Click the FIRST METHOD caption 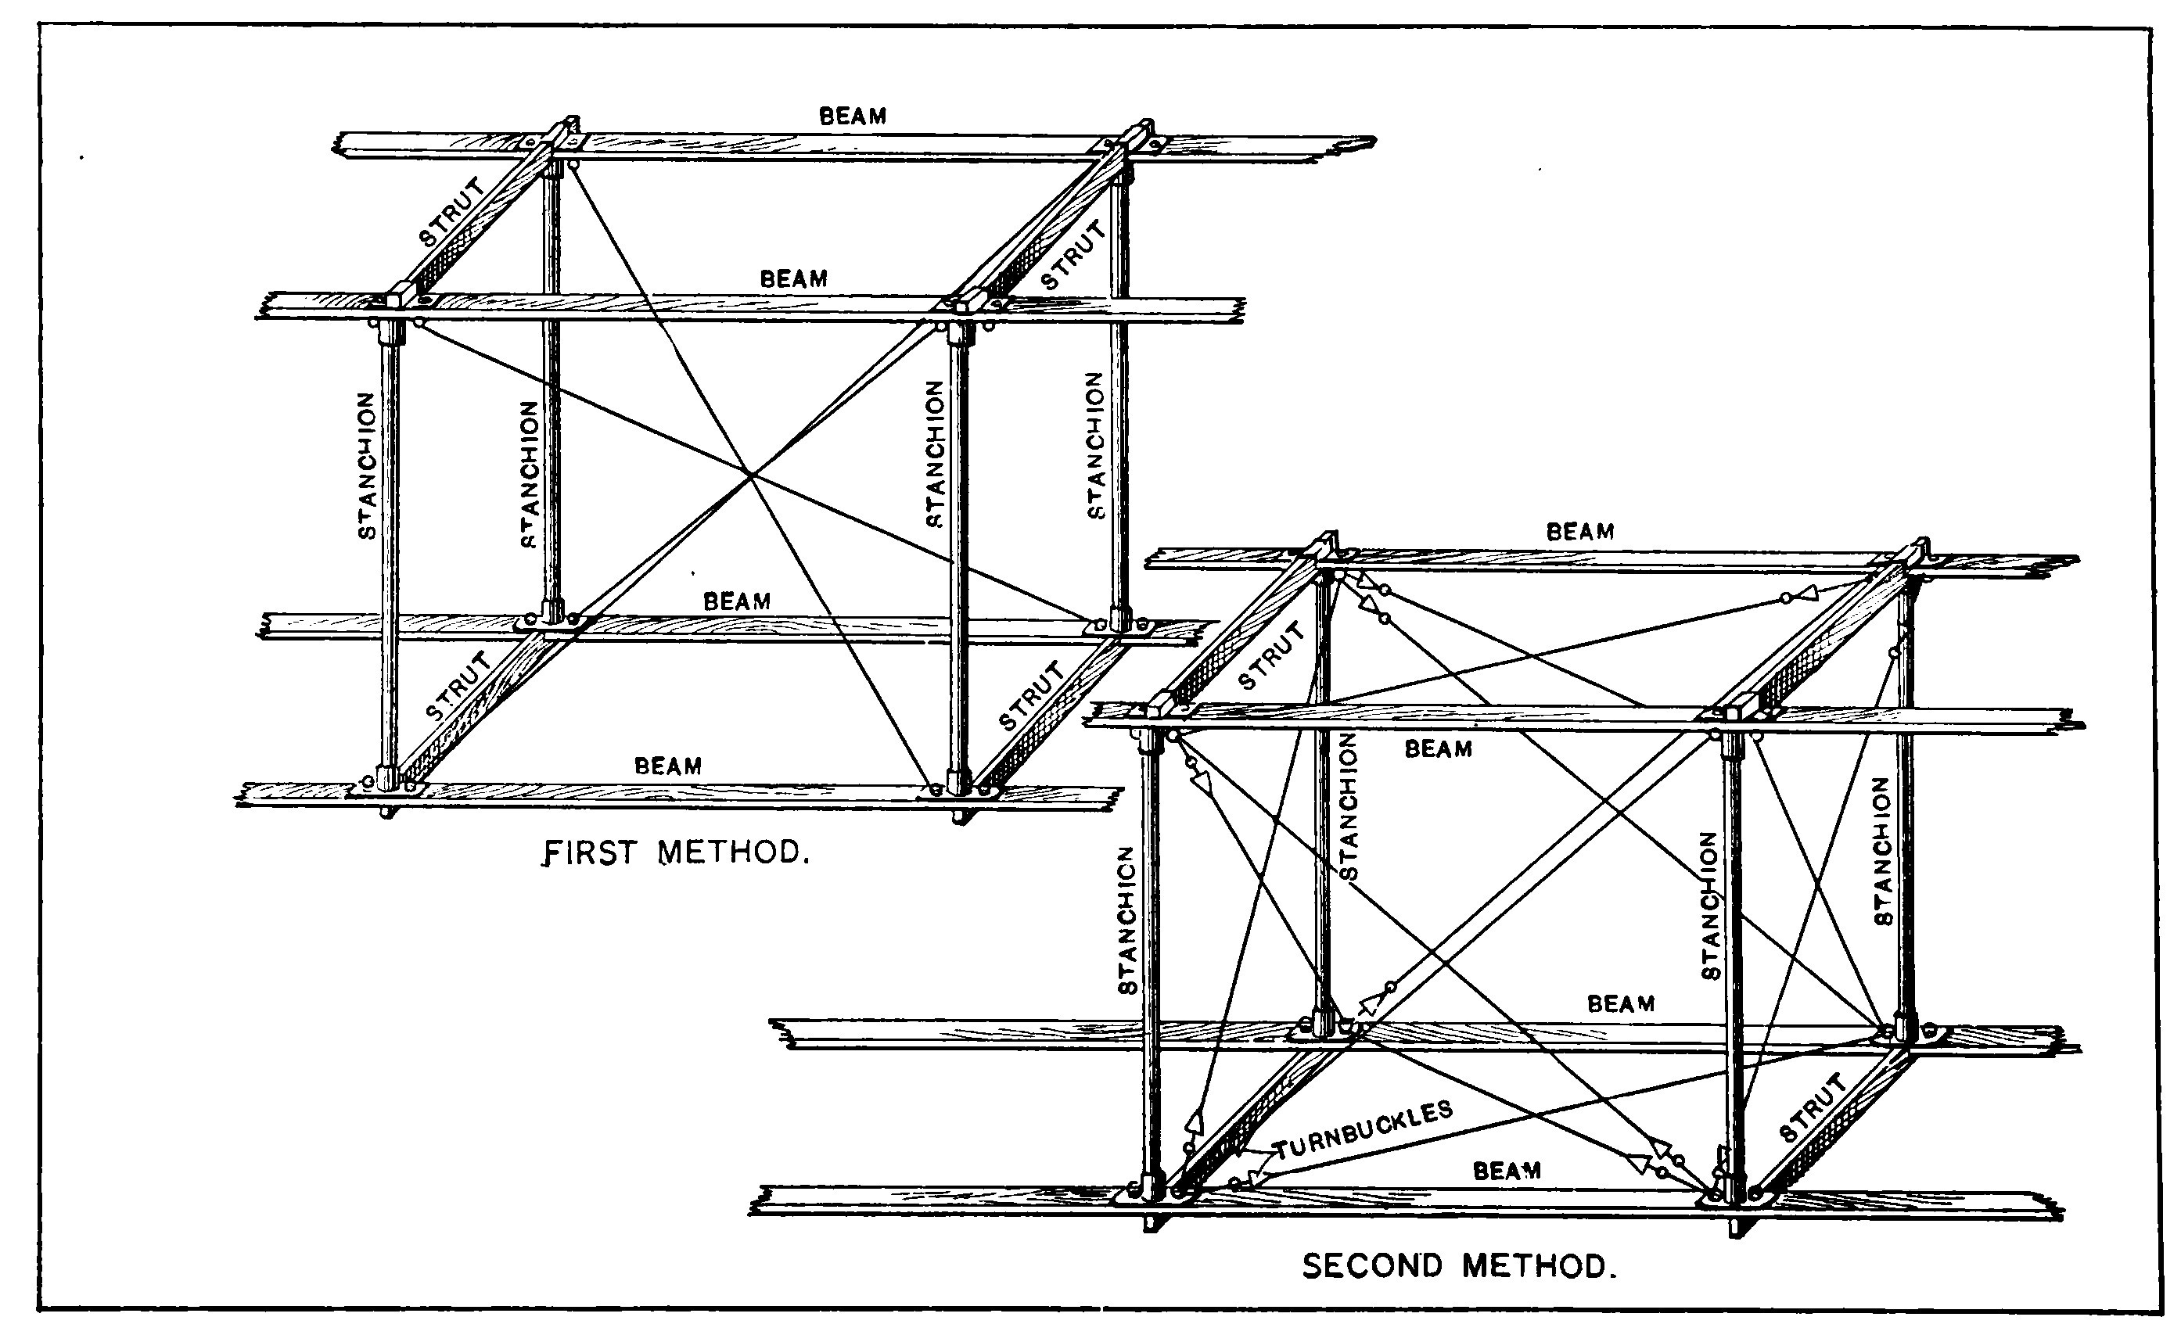(x=677, y=853)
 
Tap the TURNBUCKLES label (x=1364, y=1131)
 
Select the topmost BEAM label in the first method (x=852, y=117)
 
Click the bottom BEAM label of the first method (x=667, y=765)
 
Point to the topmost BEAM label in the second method (x=1580, y=532)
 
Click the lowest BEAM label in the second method (x=1507, y=1171)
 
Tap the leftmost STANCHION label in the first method (x=366, y=466)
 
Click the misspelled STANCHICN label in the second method (x=1126, y=920)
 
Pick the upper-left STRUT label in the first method (x=453, y=212)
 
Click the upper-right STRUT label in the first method (x=1074, y=255)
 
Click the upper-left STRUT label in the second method (x=1272, y=656)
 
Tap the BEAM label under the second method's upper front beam (x=1438, y=749)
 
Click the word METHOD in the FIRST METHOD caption (x=733, y=853)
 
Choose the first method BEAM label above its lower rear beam (x=737, y=601)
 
